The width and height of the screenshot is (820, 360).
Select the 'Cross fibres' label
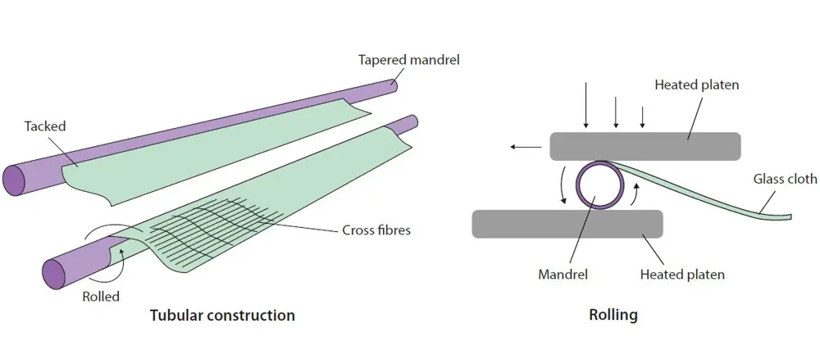click(x=376, y=230)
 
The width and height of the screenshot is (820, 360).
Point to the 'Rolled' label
click(x=102, y=296)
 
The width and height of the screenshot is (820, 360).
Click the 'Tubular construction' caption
click(x=222, y=315)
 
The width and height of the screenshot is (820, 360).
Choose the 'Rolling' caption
click(x=613, y=315)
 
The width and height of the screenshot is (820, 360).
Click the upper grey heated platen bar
click(x=645, y=146)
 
